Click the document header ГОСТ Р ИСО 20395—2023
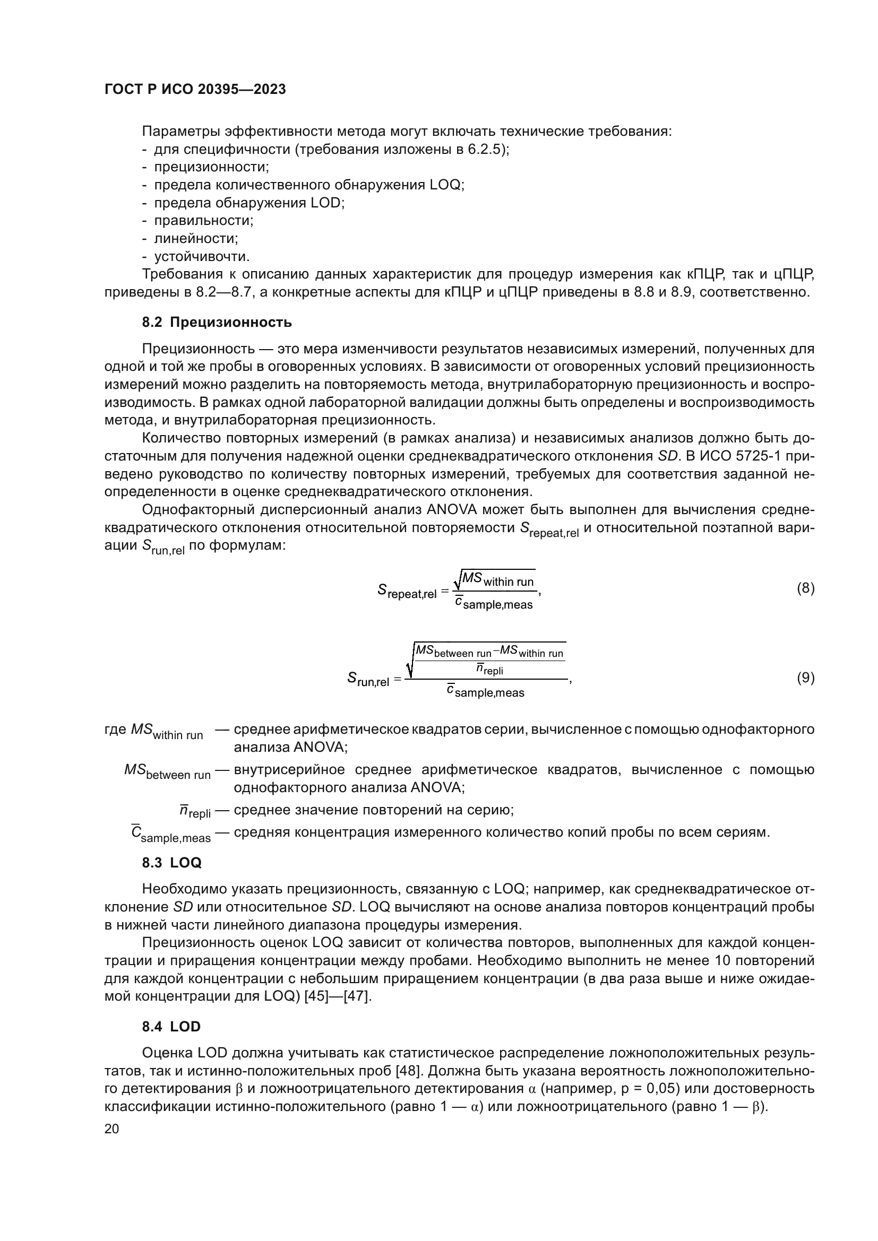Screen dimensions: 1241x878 [195, 89]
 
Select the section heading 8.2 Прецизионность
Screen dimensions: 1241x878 [217, 322]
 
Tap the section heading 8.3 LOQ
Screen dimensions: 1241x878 [171, 863]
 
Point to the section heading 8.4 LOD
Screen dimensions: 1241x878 [171, 1027]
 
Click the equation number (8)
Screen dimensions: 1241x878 [806, 588]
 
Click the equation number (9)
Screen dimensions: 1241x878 [806, 677]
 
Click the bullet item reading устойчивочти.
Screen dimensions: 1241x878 [202, 256]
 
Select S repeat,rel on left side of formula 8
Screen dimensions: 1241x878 [407, 592]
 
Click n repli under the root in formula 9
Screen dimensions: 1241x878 [489, 670]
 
